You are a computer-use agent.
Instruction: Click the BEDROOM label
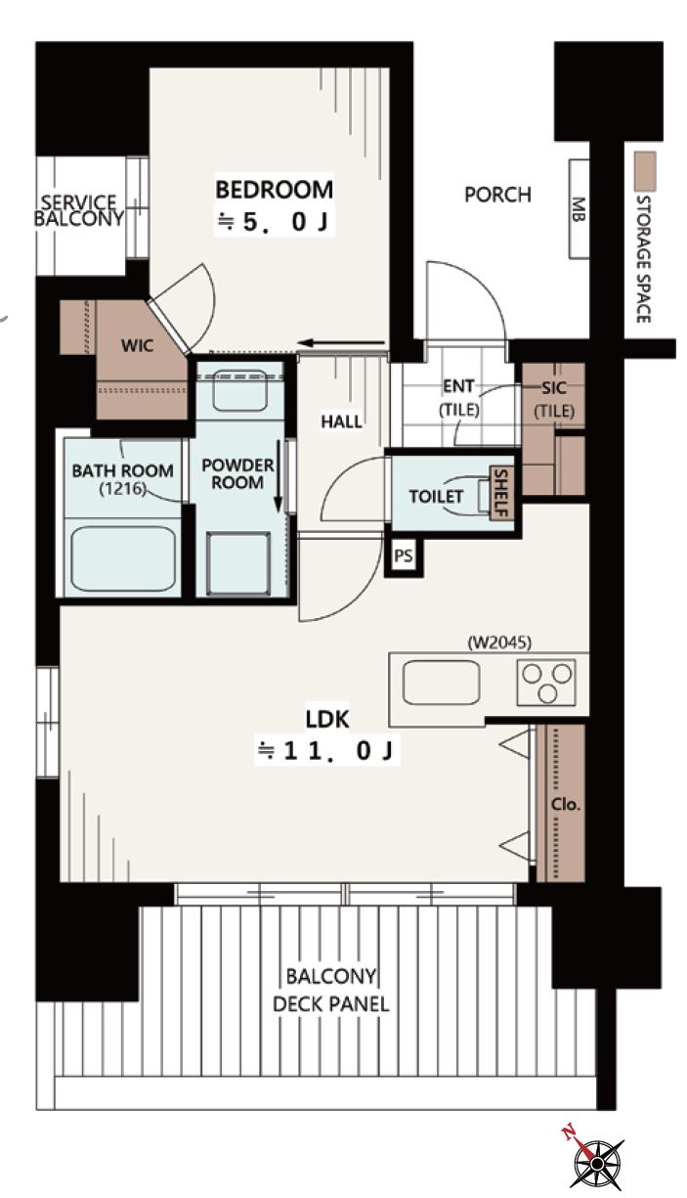[275, 190]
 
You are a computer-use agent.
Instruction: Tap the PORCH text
[497, 195]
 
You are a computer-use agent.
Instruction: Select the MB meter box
[579, 208]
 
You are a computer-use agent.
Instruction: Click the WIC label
[138, 345]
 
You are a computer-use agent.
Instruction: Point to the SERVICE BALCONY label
[78, 210]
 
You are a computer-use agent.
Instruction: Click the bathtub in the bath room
[123, 558]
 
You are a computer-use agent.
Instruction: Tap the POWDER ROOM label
[237, 474]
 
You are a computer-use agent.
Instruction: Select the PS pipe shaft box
[404, 556]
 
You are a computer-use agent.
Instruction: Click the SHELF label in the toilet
[501, 493]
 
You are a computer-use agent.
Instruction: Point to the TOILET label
[436, 497]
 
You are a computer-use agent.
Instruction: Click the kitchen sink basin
[441, 683]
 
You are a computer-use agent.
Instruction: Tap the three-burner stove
[546, 682]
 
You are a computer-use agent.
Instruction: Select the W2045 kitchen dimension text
[499, 643]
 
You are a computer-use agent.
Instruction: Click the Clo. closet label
[565, 804]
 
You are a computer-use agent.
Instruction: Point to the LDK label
[327, 720]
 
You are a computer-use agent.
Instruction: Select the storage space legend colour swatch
[645, 172]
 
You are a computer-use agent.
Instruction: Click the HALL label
[342, 422]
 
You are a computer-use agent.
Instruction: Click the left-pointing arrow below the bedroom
[341, 343]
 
